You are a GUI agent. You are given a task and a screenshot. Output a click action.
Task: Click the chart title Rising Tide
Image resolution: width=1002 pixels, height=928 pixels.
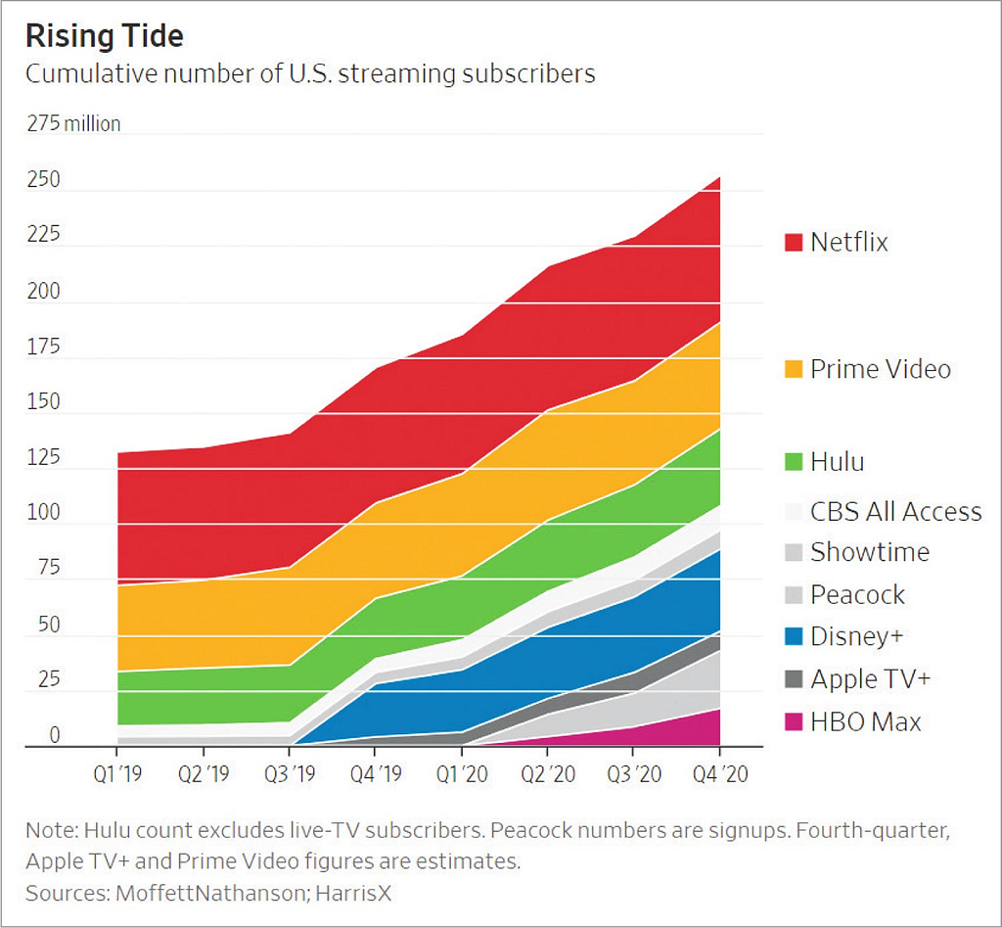105,36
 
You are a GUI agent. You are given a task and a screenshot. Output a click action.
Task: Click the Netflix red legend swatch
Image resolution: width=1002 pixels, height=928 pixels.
793,242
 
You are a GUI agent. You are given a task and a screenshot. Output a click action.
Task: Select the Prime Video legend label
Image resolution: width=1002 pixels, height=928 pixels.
880,369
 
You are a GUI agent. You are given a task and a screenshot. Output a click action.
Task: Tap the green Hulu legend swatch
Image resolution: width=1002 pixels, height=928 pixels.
793,461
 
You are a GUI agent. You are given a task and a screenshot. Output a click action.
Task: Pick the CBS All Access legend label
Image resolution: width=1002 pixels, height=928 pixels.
895,511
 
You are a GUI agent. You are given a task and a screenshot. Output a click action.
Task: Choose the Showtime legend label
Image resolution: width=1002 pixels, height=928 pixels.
870,552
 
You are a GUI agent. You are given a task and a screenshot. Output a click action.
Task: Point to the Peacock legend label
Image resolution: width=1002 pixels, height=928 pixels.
857,594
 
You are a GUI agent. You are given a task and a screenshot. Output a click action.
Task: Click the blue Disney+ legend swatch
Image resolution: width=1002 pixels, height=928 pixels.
793,636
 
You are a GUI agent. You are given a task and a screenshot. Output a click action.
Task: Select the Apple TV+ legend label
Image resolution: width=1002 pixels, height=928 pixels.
870,678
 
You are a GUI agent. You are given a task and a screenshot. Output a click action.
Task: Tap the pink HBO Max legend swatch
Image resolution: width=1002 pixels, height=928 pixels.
793,722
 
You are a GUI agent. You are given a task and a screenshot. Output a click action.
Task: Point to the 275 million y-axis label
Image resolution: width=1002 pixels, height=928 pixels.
73,123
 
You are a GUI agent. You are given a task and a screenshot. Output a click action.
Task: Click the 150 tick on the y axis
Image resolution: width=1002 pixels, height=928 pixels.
43,401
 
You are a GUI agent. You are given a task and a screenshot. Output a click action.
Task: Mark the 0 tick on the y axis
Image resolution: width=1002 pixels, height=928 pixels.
55,735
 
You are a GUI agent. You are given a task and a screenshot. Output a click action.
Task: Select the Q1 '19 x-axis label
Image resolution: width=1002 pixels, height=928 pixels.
117,774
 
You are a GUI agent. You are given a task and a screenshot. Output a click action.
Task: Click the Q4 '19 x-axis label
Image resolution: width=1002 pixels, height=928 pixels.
376,774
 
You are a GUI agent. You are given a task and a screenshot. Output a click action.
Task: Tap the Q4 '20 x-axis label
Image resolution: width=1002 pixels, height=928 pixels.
720,774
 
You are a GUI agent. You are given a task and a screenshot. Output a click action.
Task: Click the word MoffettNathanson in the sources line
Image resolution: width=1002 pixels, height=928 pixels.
205,893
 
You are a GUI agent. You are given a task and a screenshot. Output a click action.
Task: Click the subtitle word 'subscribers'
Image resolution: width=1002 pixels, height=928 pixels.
529,73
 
